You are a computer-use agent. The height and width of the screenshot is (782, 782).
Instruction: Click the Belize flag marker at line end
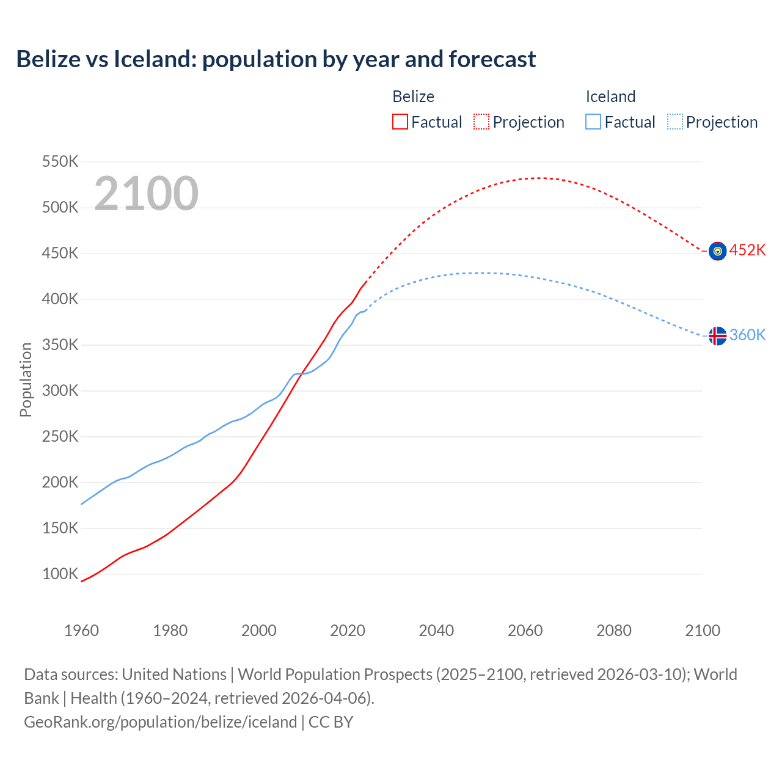[717, 251]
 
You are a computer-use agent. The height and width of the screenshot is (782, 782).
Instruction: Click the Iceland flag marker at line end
[717, 336]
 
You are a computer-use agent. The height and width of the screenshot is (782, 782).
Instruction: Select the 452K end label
[747, 250]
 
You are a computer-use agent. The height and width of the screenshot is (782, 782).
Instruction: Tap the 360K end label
[747, 335]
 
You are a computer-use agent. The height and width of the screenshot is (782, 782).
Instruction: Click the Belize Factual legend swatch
[400, 122]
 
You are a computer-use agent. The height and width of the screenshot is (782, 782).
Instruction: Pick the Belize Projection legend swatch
[481, 122]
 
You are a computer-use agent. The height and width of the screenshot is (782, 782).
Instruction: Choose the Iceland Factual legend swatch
[593, 122]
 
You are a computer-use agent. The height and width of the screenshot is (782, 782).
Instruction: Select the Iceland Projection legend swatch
[675, 122]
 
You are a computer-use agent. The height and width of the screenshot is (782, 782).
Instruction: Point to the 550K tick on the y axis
[60, 162]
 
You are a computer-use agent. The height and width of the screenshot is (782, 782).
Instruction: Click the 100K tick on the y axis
[60, 574]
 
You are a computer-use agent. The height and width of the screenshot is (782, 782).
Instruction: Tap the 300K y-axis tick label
[60, 391]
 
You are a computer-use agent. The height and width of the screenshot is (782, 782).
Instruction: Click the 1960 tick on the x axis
[81, 630]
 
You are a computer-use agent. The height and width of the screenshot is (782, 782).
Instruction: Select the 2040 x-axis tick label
[436, 630]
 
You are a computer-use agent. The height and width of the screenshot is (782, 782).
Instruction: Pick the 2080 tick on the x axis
[614, 630]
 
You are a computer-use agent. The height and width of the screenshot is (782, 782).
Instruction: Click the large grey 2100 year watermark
[146, 194]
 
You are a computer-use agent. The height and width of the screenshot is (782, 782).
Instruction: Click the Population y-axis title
[26, 379]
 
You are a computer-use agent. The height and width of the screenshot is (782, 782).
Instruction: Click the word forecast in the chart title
[492, 59]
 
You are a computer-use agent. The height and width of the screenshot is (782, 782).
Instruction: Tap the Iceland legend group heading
[610, 97]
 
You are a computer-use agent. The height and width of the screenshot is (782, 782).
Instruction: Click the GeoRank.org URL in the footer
[160, 722]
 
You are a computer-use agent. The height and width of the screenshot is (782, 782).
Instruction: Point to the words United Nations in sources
[174, 674]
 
